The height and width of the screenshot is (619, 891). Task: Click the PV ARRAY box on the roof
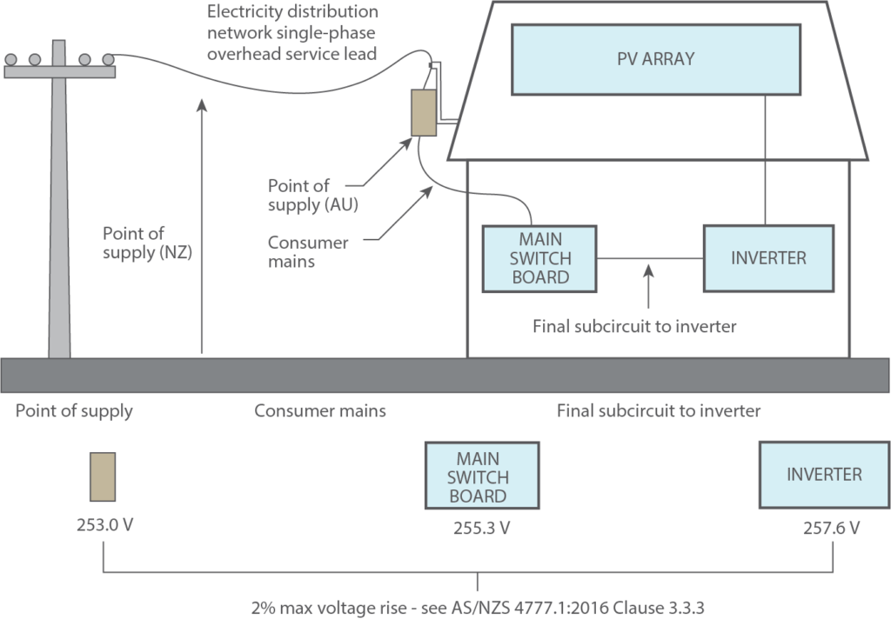tap(655, 60)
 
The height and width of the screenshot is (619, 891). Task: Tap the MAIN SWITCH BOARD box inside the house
tap(539, 258)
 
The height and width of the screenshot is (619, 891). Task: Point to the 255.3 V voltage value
tap(481, 528)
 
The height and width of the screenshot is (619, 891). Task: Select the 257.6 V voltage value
tap(831, 528)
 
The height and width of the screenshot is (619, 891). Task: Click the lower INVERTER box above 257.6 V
tap(824, 475)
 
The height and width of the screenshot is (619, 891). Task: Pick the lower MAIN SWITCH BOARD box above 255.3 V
tap(481, 477)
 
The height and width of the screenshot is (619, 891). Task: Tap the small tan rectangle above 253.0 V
tap(103, 476)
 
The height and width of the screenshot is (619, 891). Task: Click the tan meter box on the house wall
tap(424, 112)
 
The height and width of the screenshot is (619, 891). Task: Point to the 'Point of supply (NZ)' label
tap(146, 243)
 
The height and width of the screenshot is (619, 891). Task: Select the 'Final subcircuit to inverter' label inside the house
tap(635, 327)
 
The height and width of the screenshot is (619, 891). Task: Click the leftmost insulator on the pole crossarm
tap(11, 59)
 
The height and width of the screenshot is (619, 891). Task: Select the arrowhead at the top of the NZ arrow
tap(202, 105)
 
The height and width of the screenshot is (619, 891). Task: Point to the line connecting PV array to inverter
tap(765, 161)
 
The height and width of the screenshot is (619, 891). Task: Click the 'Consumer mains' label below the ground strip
tap(319, 410)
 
